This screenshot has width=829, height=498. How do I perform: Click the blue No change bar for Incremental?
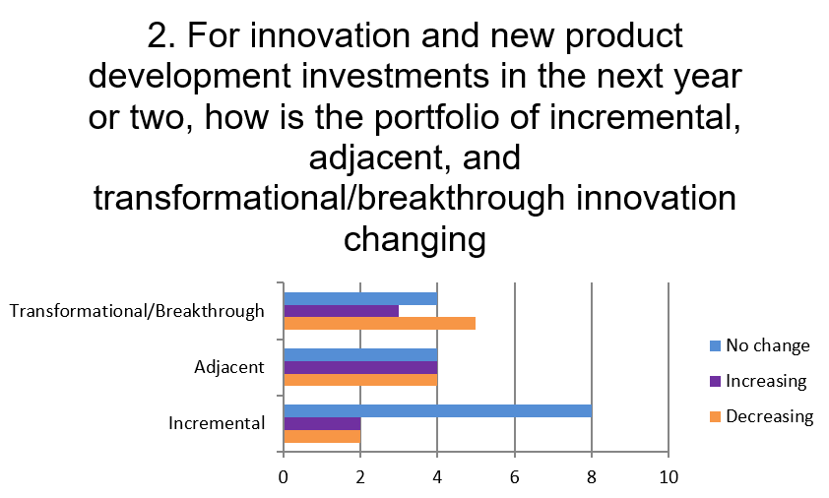tap(438, 410)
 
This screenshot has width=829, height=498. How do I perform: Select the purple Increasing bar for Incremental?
tap(322, 423)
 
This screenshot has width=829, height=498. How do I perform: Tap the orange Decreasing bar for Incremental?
tap(322, 436)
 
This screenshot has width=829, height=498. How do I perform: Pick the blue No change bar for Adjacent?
tap(360, 354)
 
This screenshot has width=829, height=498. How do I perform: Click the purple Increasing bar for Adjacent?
tap(360, 367)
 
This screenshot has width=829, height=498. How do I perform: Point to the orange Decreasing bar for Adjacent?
tap(360, 380)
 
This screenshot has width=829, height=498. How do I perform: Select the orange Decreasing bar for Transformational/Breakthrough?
tap(380, 324)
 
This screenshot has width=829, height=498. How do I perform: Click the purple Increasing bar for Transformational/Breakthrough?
tap(341, 311)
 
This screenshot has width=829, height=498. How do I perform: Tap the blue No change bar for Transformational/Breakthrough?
tap(360, 298)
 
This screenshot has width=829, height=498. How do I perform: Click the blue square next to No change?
tap(716, 345)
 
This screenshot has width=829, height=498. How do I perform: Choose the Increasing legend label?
tap(766, 381)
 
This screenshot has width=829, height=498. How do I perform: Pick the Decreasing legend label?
tap(769, 416)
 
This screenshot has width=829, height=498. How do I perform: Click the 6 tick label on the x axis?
tap(514, 477)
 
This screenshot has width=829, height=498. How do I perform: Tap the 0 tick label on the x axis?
tap(284, 477)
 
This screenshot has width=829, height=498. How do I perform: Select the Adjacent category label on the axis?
tap(229, 367)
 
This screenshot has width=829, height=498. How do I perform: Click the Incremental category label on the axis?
tap(217, 423)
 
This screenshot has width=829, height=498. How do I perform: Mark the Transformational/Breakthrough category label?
tap(137, 311)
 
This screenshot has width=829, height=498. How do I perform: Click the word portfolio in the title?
tap(436, 118)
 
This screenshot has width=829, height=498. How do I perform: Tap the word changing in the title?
tap(414, 240)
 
